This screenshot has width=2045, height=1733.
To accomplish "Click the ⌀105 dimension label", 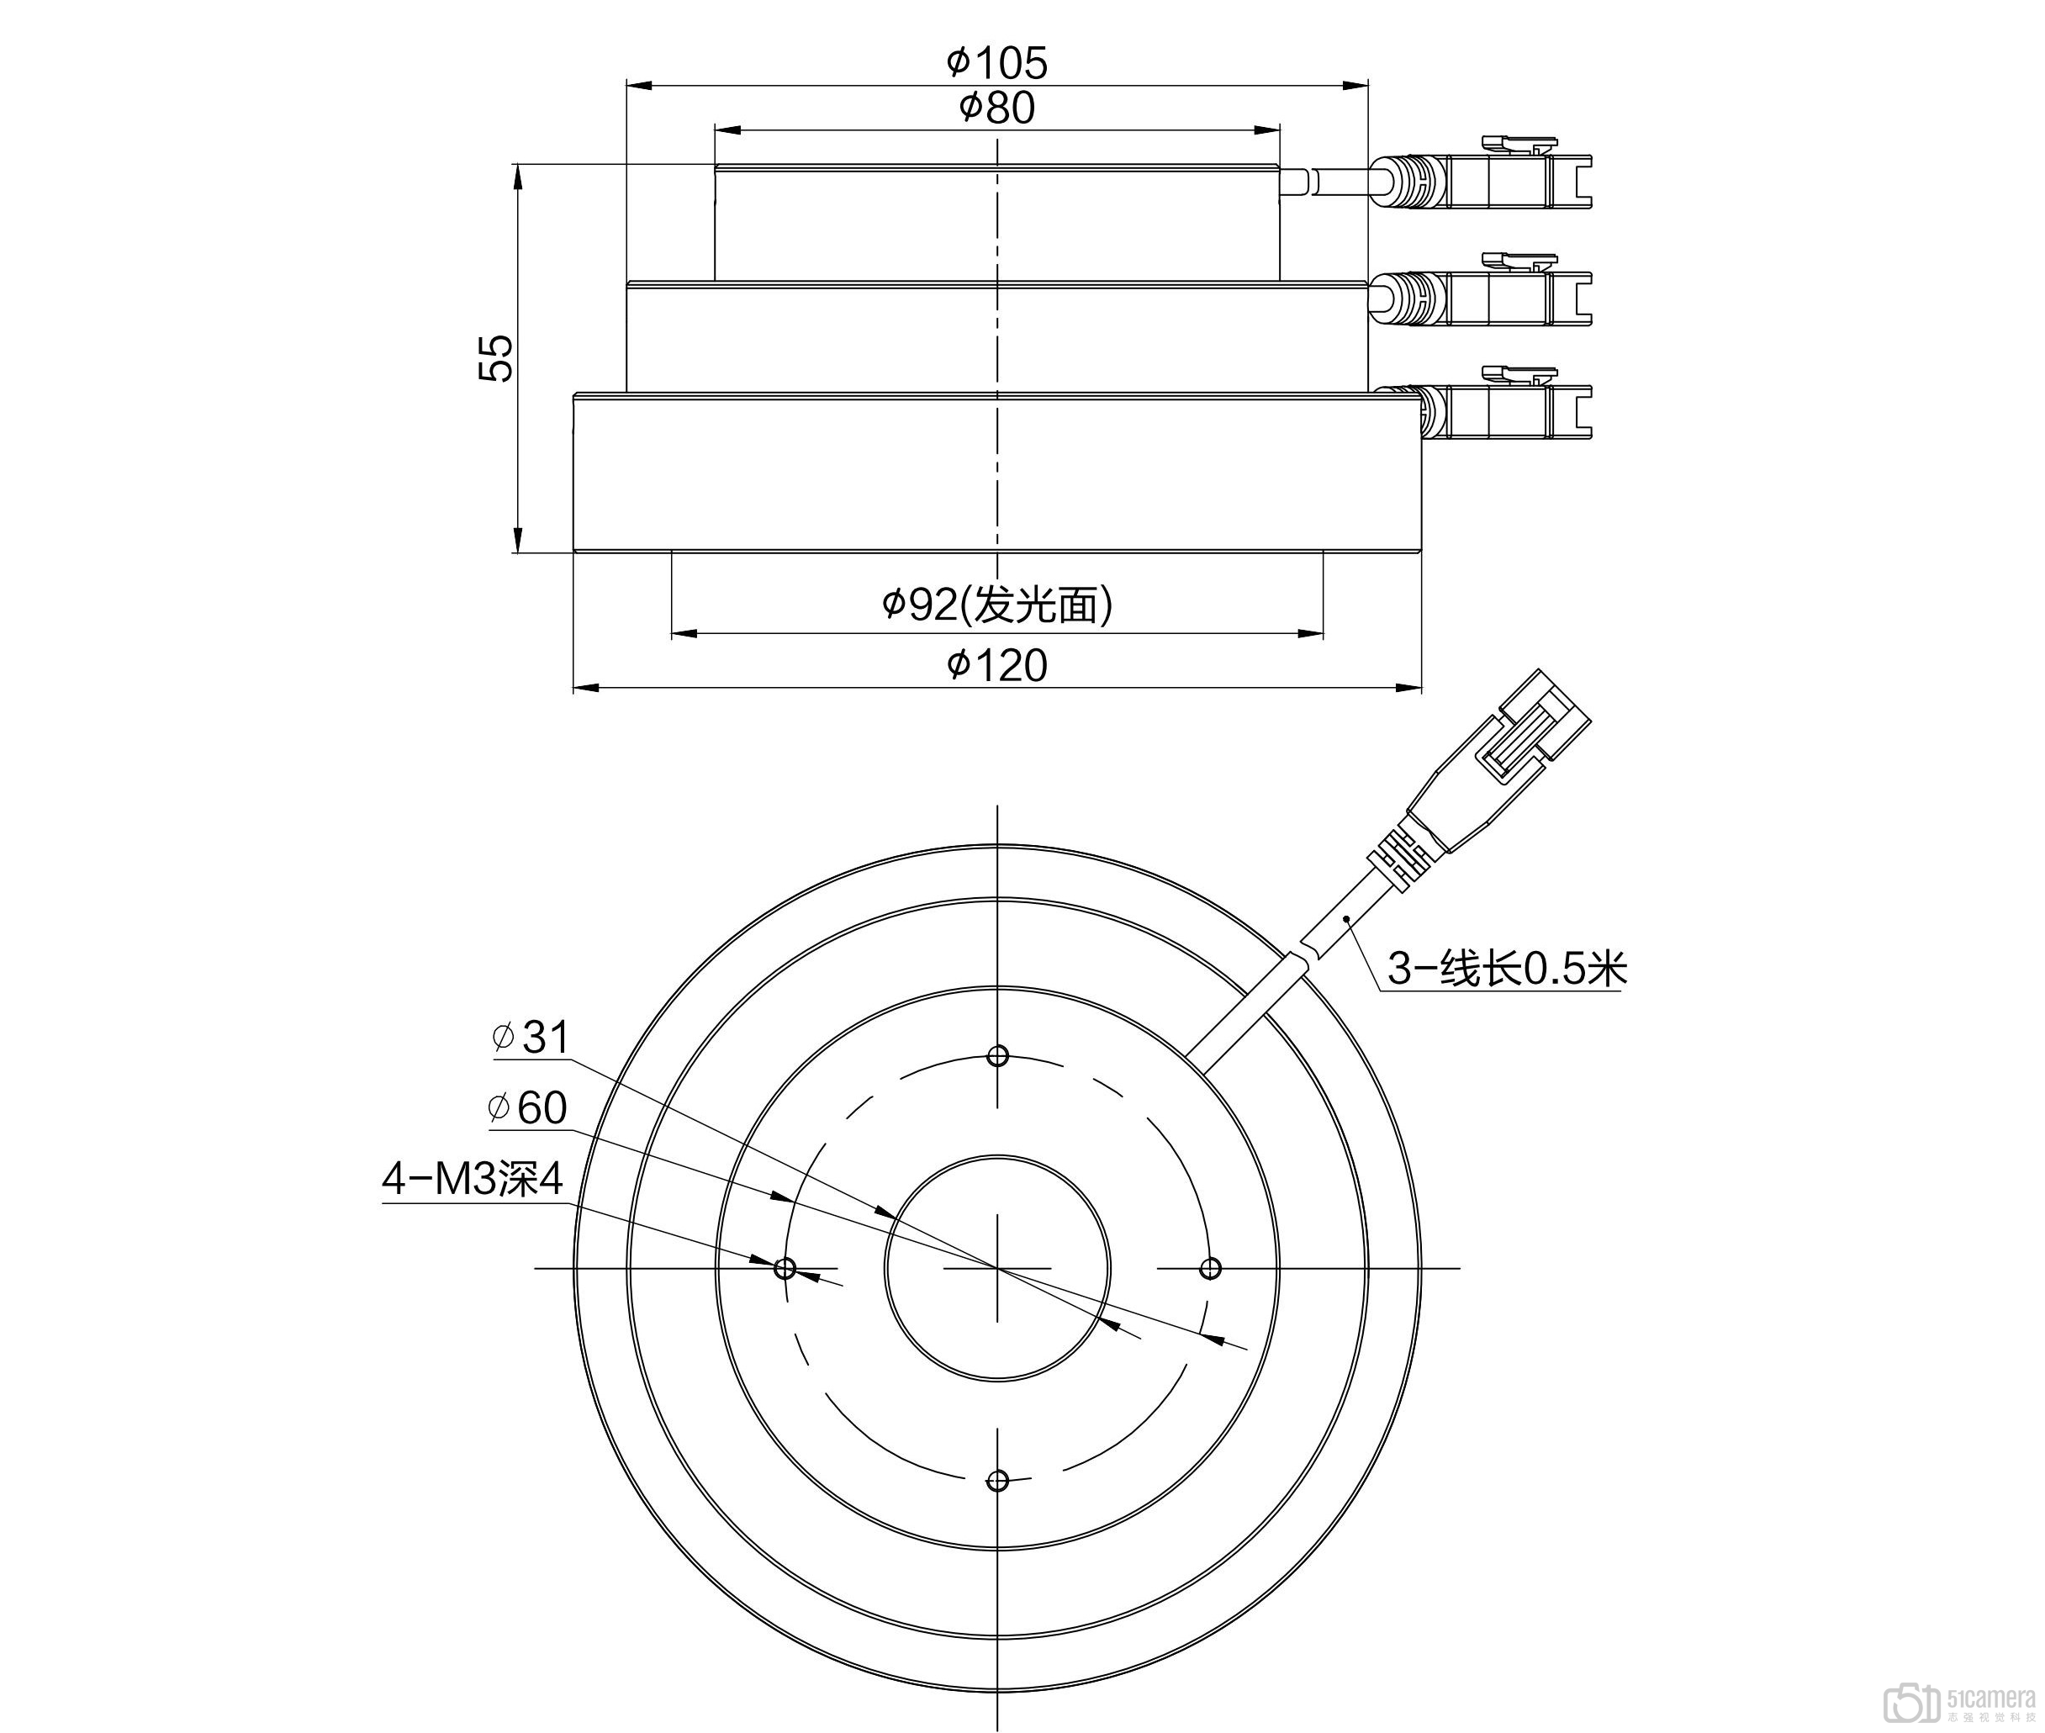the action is coord(997,64).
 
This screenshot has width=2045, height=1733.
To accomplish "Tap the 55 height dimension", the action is coord(496,357).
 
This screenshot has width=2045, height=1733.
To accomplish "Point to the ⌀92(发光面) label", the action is coord(997,605).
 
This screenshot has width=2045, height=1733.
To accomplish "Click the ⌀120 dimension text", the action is coord(997,666).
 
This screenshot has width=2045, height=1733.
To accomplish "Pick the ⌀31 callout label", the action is coord(531,1038).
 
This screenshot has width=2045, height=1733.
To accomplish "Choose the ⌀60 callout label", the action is coord(527,1108).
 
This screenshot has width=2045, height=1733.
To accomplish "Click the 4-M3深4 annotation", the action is coord(473,1179).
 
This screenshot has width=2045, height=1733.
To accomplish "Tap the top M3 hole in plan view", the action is coord(997,1056).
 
